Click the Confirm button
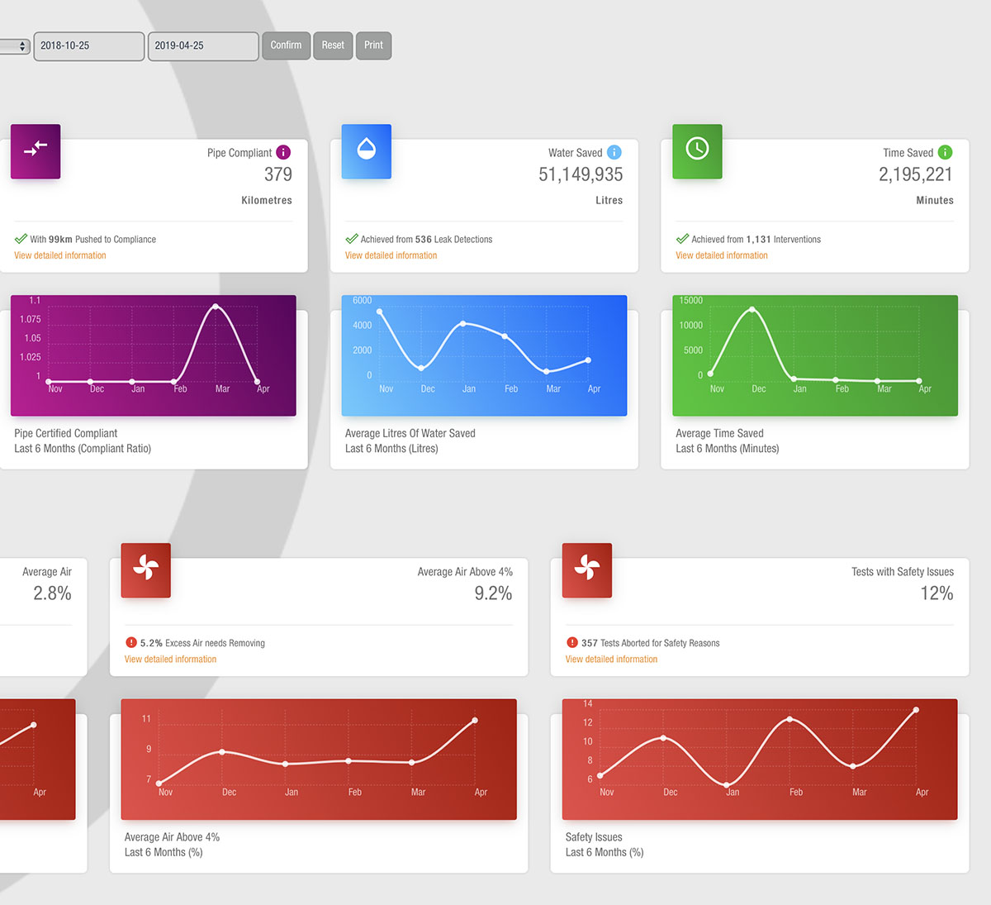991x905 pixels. point(286,45)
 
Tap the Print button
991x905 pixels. point(373,45)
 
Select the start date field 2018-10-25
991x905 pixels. point(88,46)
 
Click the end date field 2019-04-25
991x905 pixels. point(202,46)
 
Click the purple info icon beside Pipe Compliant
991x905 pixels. point(283,152)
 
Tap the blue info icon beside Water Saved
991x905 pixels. point(614,152)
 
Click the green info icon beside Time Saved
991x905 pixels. point(946,152)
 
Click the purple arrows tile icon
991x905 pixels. point(36,150)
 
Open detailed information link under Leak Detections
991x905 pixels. point(391,255)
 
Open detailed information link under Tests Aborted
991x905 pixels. point(611,660)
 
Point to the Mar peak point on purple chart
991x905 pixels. point(216,307)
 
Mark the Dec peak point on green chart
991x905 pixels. point(752,309)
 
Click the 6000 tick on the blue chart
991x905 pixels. point(362,301)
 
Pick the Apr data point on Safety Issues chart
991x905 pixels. point(916,710)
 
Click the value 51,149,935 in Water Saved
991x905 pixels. point(581,174)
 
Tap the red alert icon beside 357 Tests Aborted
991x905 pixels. point(571,642)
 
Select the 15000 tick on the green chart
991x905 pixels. point(691,301)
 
